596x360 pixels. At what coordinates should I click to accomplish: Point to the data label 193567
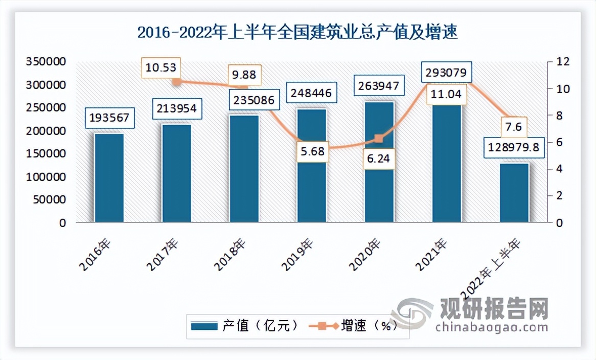tap(109, 119)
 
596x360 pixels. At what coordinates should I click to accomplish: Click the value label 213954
tap(176, 108)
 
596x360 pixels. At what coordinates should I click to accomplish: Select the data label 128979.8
tap(514, 148)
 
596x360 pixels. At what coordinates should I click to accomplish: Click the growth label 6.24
tap(379, 159)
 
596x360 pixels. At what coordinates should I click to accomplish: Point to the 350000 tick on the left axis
tap(47, 61)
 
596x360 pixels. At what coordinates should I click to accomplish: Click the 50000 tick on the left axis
tap(49, 200)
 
